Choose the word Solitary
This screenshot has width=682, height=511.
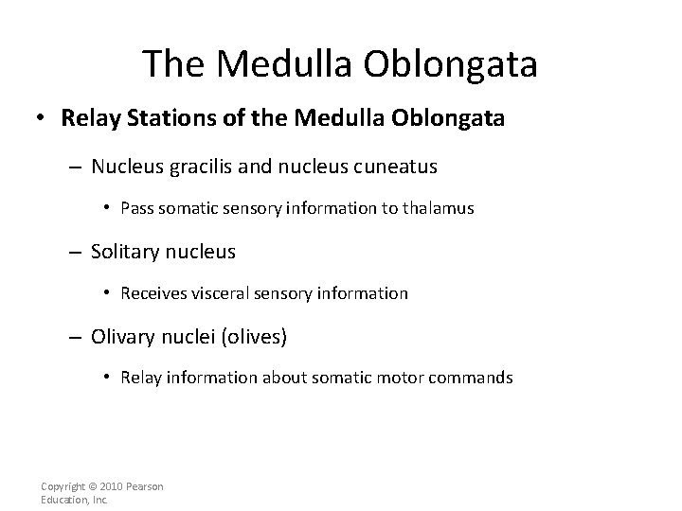tap(125, 252)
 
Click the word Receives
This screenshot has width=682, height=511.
tap(152, 293)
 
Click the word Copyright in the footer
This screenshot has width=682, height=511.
tap(63, 486)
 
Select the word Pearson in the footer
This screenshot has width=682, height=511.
tap(147, 486)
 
